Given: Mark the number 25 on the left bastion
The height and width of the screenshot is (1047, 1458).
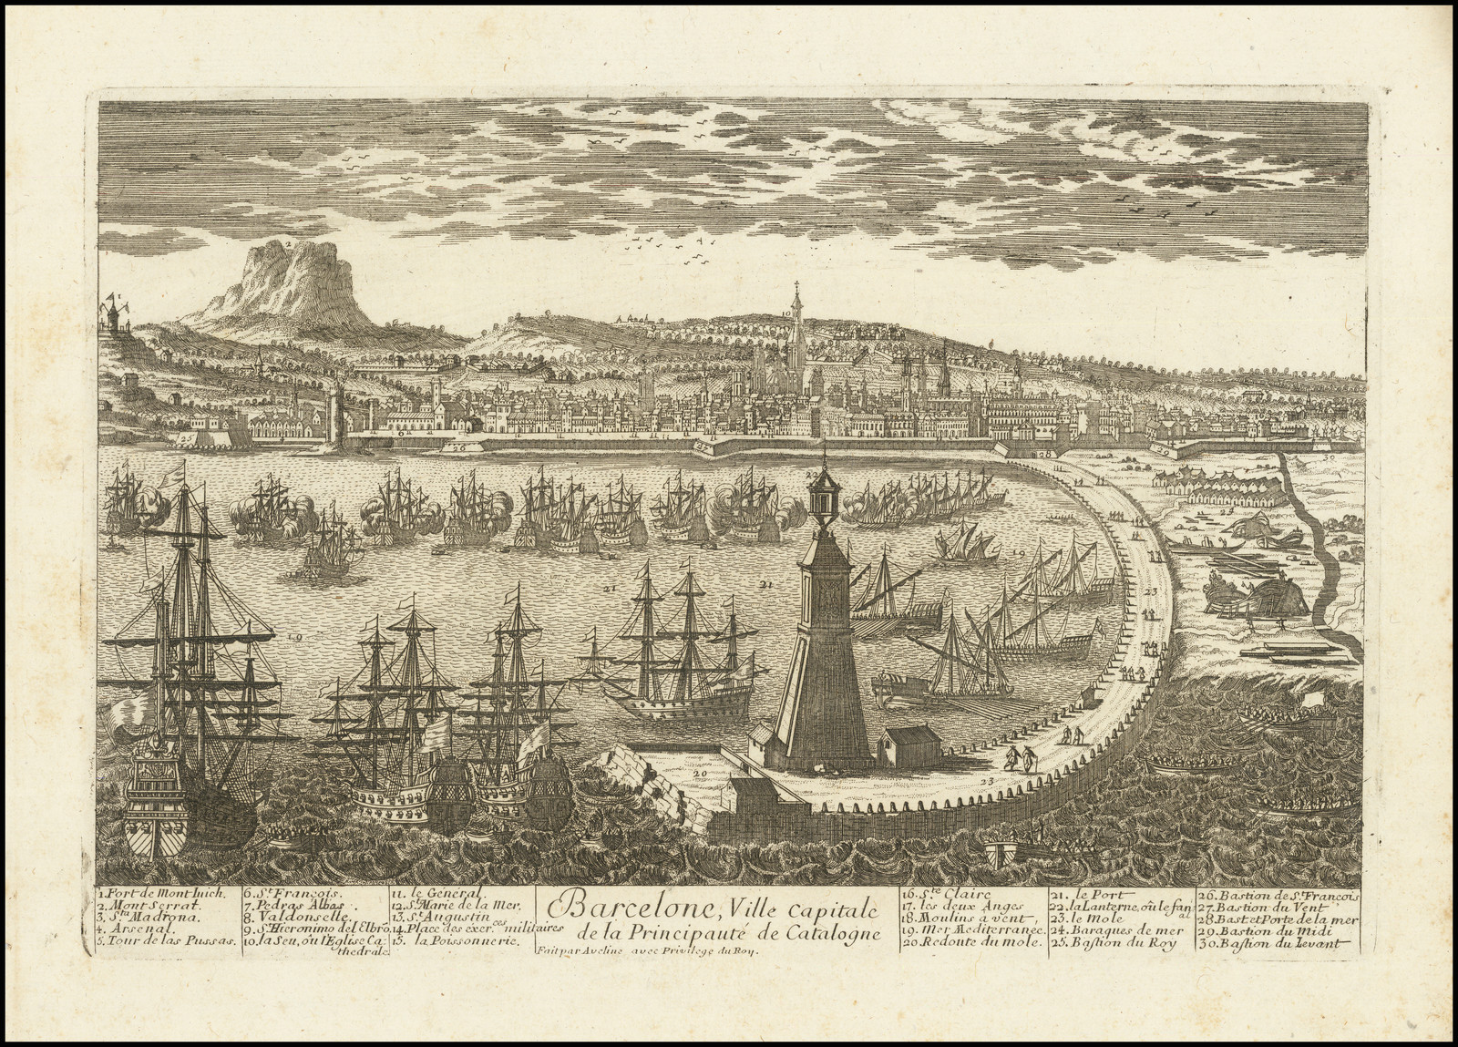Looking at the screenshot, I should (186, 438).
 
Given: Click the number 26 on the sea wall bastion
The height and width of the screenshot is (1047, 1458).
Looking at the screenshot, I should (458, 447).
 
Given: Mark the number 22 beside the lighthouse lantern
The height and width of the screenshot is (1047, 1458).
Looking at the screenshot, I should (811, 476).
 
